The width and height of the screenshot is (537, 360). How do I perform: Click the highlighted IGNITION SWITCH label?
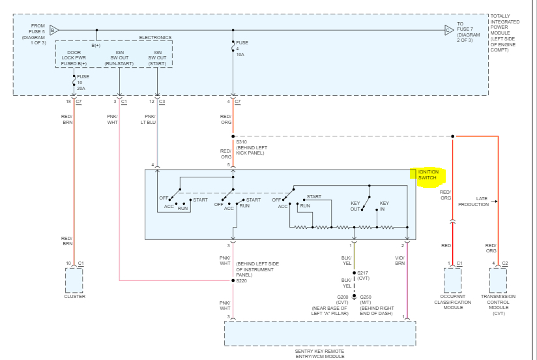point(428,175)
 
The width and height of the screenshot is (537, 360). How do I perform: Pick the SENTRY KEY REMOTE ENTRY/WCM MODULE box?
point(319,334)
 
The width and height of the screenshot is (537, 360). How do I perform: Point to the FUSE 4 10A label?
point(242,49)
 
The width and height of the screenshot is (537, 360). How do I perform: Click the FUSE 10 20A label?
point(81,82)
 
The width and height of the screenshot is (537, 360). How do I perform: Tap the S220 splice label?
point(241,281)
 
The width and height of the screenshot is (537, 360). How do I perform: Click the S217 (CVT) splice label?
point(363,275)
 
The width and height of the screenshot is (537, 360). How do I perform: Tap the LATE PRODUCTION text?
point(473,202)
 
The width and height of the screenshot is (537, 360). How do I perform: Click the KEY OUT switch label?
point(355,206)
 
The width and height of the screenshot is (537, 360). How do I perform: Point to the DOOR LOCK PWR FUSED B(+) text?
point(74,57)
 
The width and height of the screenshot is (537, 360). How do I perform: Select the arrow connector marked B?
point(54,30)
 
